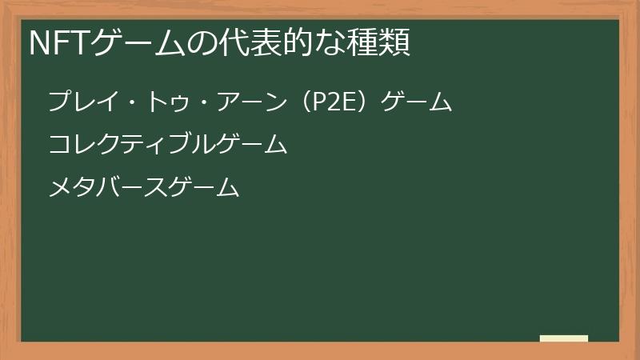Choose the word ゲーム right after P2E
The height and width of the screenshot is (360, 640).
417,102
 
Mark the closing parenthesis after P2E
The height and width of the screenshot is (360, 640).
363,102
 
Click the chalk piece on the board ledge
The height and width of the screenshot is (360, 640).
564,338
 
